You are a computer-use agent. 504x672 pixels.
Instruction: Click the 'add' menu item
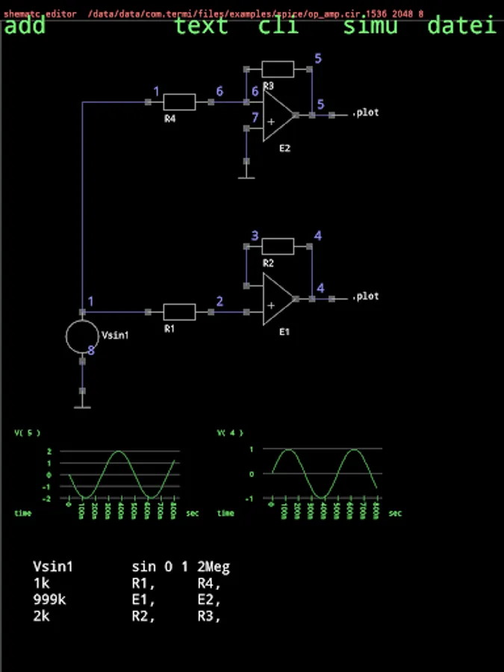25,26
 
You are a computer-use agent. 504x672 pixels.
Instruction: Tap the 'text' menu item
201,26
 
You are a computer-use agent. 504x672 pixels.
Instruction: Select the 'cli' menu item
279,26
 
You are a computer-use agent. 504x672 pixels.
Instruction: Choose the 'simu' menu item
370,26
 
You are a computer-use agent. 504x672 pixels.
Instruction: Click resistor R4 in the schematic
179,102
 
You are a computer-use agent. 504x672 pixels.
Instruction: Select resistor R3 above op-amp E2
278,69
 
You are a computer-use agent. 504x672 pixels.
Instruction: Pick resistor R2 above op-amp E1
278,246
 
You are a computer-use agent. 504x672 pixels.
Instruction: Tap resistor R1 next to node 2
179,311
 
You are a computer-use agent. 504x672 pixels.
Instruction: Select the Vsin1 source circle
82,337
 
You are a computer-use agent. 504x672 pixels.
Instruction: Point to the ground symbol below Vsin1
82,407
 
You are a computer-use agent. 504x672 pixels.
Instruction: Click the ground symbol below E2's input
246,178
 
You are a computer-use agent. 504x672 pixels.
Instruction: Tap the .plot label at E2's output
365,113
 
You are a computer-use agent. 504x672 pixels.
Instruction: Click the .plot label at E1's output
365,296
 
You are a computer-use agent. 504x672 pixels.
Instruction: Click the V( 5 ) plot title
27,432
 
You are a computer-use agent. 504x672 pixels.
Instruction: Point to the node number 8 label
91,350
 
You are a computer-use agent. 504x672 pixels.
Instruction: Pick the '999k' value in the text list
49,600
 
